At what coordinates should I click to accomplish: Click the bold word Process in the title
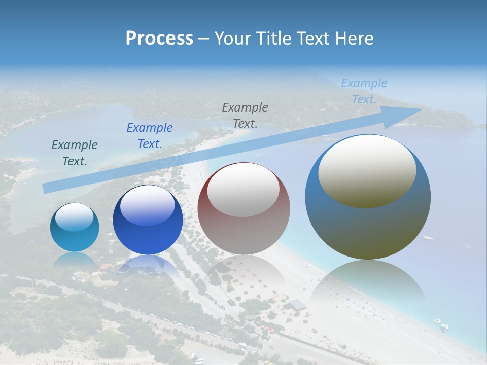pyautogui.click(x=159, y=39)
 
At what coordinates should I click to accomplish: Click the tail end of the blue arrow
pyautogui.click(x=45, y=189)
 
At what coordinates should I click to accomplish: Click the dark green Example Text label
pyautogui.click(x=75, y=153)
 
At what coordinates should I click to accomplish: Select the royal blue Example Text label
pyautogui.click(x=150, y=135)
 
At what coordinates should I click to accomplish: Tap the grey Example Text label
pyautogui.click(x=245, y=115)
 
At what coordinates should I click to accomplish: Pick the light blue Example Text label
pyautogui.click(x=364, y=91)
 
